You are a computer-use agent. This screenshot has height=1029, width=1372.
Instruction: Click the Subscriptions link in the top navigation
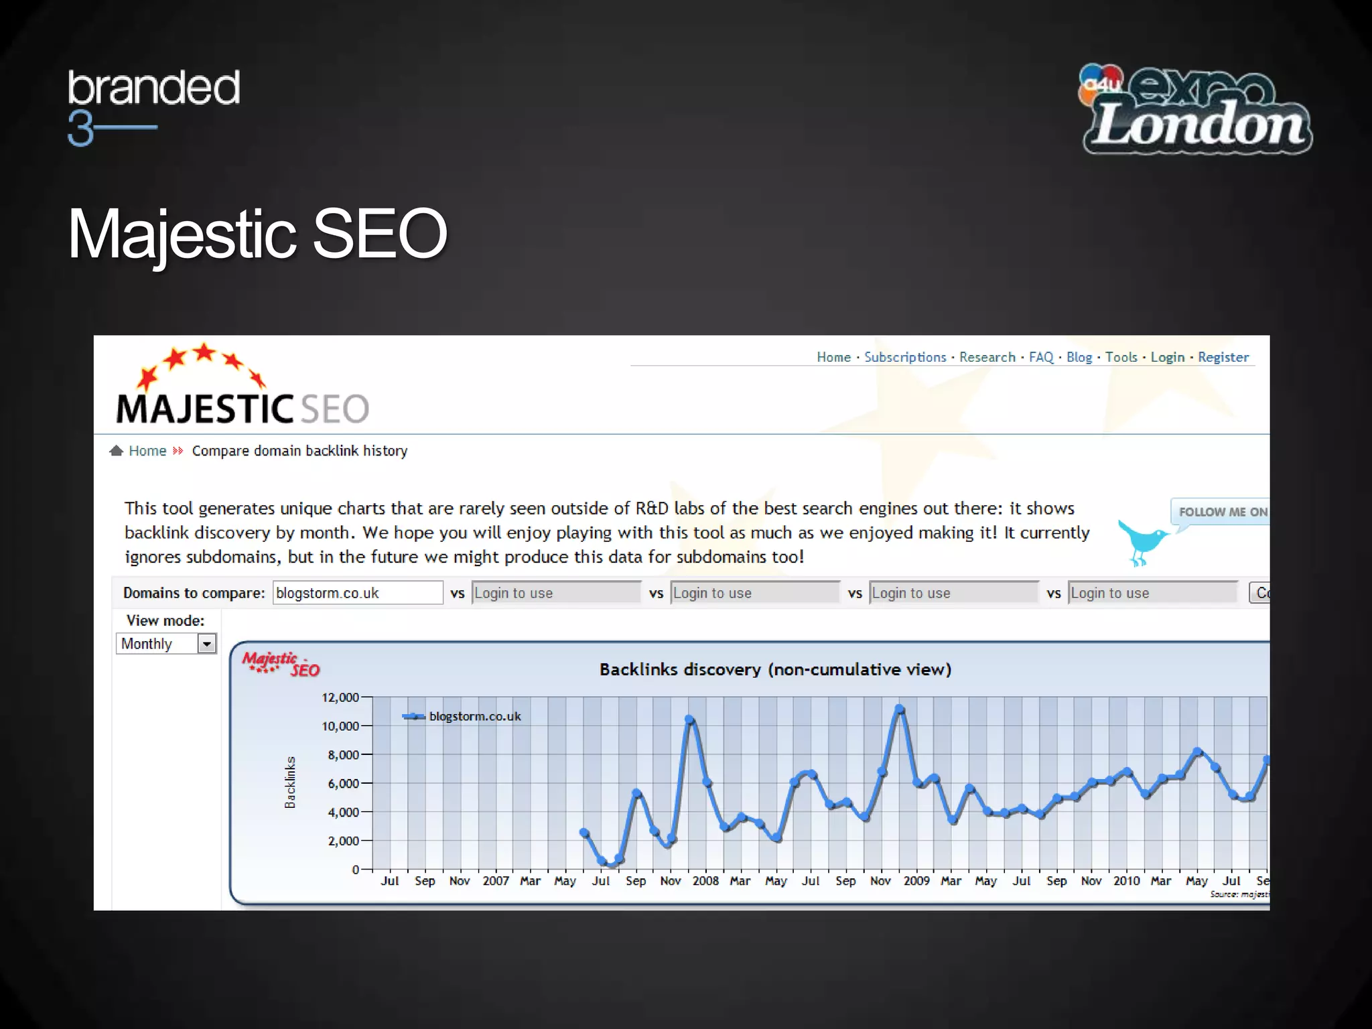pos(904,357)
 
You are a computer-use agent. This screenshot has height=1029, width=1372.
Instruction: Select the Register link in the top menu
pos(1223,357)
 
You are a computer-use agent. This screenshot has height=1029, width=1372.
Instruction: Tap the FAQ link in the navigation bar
pos(1040,357)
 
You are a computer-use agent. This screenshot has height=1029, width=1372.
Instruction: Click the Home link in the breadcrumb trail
pos(147,451)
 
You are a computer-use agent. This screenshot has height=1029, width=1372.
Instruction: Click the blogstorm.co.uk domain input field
pos(357,593)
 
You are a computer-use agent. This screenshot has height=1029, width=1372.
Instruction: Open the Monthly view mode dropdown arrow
pos(207,644)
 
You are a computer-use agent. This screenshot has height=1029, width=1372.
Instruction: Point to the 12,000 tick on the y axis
pos(341,697)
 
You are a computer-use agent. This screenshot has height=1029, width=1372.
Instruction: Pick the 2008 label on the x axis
pos(705,881)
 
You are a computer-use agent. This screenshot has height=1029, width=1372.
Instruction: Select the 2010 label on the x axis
pos(1126,881)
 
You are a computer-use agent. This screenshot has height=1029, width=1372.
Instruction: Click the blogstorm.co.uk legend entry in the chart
pos(474,716)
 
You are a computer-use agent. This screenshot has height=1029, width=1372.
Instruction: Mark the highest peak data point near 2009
pos(900,709)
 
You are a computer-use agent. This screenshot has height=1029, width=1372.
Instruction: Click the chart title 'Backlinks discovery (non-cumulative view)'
pos(775,669)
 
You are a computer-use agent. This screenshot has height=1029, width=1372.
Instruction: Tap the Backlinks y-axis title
pos(290,782)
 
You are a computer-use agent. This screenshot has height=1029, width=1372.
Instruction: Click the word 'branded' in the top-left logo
pos(153,88)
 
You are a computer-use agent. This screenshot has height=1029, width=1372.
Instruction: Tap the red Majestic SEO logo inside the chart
pos(281,664)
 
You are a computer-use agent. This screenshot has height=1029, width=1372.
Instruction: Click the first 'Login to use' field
pos(555,593)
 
